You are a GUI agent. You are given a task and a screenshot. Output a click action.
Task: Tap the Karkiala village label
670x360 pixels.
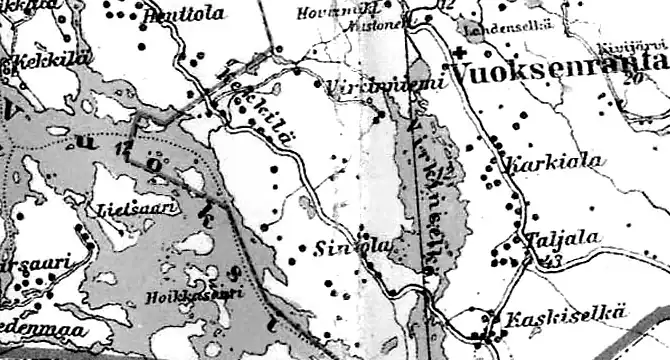[x=540, y=162]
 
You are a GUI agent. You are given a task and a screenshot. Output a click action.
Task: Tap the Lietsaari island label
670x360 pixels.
[x=124, y=210]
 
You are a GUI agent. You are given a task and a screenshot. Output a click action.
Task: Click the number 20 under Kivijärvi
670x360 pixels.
[x=630, y=77]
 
